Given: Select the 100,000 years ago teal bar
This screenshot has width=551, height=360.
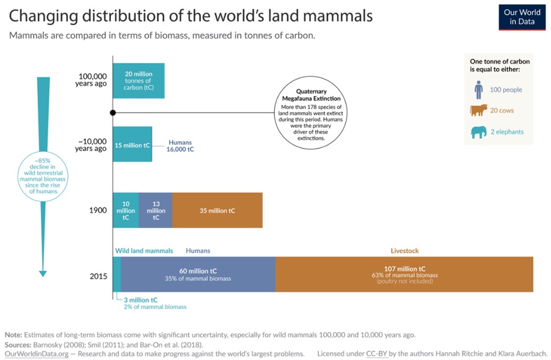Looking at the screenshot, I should pyautogui.click(x=139, y=81).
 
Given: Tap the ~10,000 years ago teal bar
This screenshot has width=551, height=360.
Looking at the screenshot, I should pyautogui.click(x=133, y=145).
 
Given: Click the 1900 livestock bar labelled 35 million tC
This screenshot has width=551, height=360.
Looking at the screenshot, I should pyautogui.click(x=217, y=211).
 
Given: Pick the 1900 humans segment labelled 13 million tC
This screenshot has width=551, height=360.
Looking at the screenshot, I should pyautogui.click(x=156, y=211).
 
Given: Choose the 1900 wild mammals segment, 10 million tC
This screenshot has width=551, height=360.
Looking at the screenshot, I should pyautogui.click(x=126, y=211).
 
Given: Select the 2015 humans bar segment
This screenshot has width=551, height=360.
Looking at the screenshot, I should pyautogui.click(x=198, y=274).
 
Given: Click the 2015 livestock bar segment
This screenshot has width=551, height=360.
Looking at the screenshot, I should pyautogui.click(x=404, y=274).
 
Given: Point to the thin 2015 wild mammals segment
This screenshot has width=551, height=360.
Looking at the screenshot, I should pyautogui.click(x=117, y=274).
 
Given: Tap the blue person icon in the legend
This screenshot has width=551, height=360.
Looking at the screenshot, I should pyautogui.click(x=478, y=90).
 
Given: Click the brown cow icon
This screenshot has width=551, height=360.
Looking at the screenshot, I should pyautogui.click(x=478, y=111).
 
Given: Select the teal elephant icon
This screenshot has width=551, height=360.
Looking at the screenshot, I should pyautogui.click(x=478, y=131).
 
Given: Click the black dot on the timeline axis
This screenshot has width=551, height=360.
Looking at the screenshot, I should pyautogui.click(x=113, y=112).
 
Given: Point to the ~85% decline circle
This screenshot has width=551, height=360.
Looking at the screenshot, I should pyautogui.click(x=42, y=174).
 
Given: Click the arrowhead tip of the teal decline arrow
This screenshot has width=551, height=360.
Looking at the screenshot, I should pyautogui.click(x=43, y=274).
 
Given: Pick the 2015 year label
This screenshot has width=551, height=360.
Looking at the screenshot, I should pyautogui.click(x=98, y=276).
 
